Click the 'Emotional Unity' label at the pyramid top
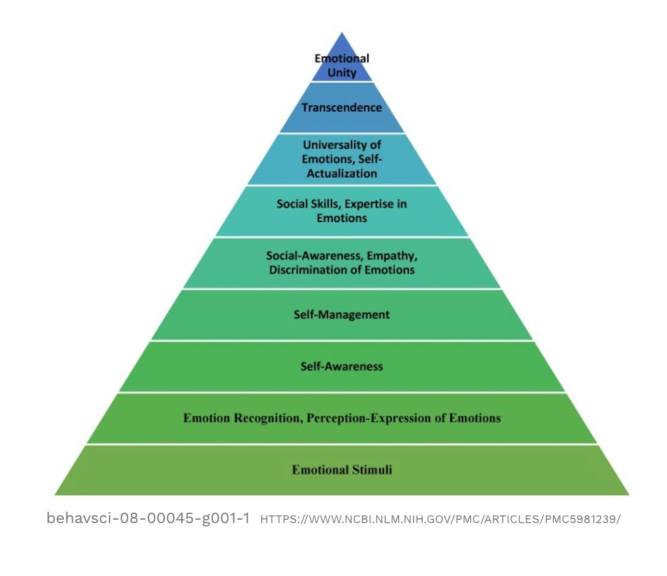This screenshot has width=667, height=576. click(x=342, y=66)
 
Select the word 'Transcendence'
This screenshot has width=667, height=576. click(x=342, y=108)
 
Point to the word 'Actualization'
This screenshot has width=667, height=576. click(x=342, y=173)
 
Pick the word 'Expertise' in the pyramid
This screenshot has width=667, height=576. click(x=370, y=204)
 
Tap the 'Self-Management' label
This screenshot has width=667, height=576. click(x=342, y=315)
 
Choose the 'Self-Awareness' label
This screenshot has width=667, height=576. click(x=342, y=367)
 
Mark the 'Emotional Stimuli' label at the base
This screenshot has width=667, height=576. click(x=342, y=469)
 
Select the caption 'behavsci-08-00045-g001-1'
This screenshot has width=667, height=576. click(x=148, y=519)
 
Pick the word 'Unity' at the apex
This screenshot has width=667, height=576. click(x=342, y=73)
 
